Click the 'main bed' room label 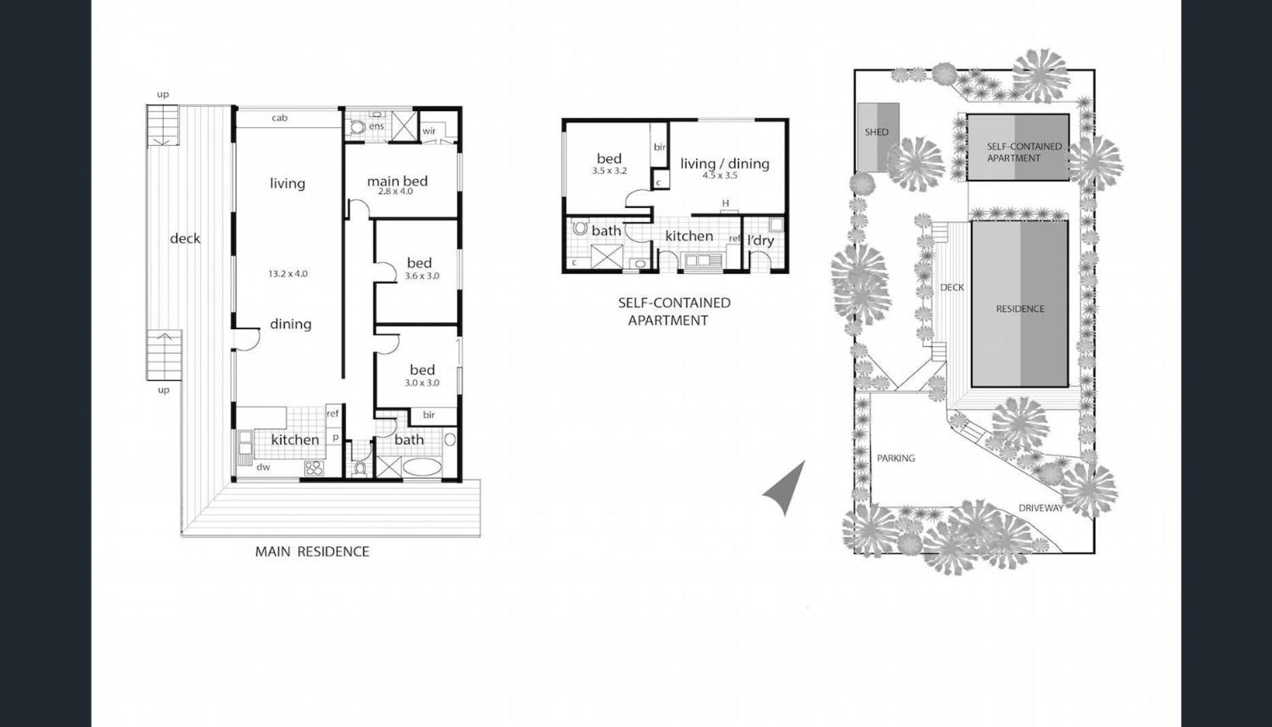pyautogui.click(x=397, y=181)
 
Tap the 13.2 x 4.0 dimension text pyautogui.click(x=288, y=274)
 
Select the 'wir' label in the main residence pyautogui.click(x=429, y=131)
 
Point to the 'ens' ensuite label pyautogui.click(x=377, y=126)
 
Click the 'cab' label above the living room pyautogui.click(x=279, y=118)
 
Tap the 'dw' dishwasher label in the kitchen pyautogui.click(x=263, y=467)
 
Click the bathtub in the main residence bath pyautogui.click(x=422, y=468)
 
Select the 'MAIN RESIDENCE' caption pyautogui.click(x=312, y=551)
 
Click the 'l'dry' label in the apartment pyautogui.click(x=760, y=241)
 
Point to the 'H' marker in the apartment pyautogui.click(x=726, y=203)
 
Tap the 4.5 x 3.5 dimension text pyautogui.click(x=720, y=175)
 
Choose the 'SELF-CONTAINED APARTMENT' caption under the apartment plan pyautogui.click(x=674, y=311)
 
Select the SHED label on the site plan pyautogui.click(x=876, y=132)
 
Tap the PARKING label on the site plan pyautogui.click(x=895, y=458)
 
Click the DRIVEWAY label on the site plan pyautogui.click(x=1040, y=508)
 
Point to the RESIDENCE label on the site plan pyautogui.click(x=1020, y=309)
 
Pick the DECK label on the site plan pyautogui.click(x=952, y=288)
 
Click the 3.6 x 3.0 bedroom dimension pyautogui.click(x=422, y=276)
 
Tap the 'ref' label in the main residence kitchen pyautogui.click(x=332, y=414)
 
